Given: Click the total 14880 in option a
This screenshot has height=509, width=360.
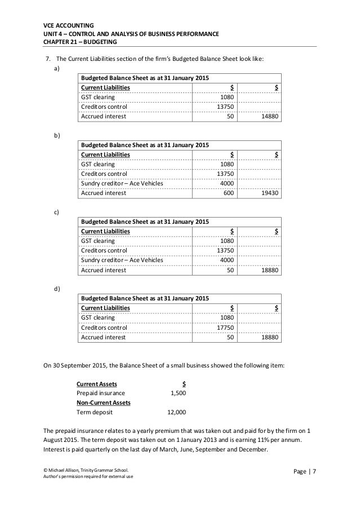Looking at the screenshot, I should pyautogui.click(x=272, y=117).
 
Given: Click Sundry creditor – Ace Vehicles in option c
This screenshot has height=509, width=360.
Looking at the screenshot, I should pyautogui.click(x=122, y=260).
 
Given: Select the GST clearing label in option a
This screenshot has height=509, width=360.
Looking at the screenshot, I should pyautogui.click(x=98, y=97).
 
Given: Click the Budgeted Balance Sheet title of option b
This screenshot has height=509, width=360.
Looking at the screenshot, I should pyautogui.click(x=145, y=144).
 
